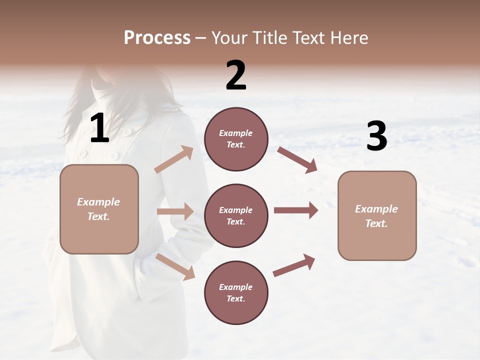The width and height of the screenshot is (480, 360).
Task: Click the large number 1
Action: coord(99,128)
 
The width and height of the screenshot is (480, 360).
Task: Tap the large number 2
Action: coord(236,75)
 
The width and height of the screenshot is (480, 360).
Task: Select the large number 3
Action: coord(376,136)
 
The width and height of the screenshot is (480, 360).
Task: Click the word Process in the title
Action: coord(157,37)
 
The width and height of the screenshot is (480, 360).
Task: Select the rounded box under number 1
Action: coord(99,209)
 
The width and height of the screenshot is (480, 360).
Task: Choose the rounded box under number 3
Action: coord(377,215)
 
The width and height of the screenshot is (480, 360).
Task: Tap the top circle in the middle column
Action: coord(236,139)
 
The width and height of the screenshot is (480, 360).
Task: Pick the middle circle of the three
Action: coord(236,215)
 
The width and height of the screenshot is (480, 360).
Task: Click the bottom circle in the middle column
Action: coord(236,292)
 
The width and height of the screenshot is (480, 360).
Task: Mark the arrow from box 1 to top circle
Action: coord(174,159)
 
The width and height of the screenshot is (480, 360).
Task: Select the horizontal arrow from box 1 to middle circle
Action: coord(175,211)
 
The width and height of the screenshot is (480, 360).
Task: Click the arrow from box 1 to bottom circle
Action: coord(175,266)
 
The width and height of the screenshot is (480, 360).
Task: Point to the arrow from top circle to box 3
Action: coord(297,159)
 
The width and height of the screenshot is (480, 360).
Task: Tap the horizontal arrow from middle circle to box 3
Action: coord(295,210)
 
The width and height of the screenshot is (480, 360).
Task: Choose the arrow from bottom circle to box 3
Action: coord(294,265)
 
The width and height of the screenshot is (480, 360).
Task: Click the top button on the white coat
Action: coord(128,131)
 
